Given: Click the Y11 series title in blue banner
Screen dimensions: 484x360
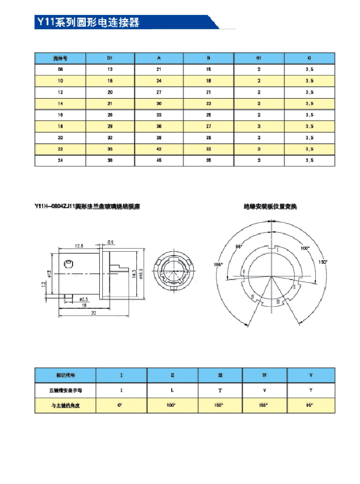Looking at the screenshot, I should click(x=87, y=23).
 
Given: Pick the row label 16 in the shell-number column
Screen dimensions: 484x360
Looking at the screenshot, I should click(x=60, y=115).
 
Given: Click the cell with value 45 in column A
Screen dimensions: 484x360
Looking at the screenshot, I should click(x=159, y=160).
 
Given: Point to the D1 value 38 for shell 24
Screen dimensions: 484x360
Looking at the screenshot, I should click(x=110, y=160).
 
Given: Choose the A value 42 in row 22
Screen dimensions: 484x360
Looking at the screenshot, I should click(x=159, y=149).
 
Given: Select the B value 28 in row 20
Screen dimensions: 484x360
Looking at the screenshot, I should click(x=209, y=138).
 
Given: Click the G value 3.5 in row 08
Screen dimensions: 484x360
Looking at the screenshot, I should click(x=309, y=69).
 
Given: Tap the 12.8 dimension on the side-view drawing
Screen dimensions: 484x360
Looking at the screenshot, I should click(x=79, y=246).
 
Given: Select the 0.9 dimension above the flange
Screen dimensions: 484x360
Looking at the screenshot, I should click(x=111, y=242).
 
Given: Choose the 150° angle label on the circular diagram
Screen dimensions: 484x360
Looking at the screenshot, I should click(x=323, y=262).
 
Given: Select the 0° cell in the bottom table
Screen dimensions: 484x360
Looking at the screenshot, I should click(x=121, y=405).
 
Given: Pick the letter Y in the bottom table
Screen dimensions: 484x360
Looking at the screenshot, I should click(x=311, y=390).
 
